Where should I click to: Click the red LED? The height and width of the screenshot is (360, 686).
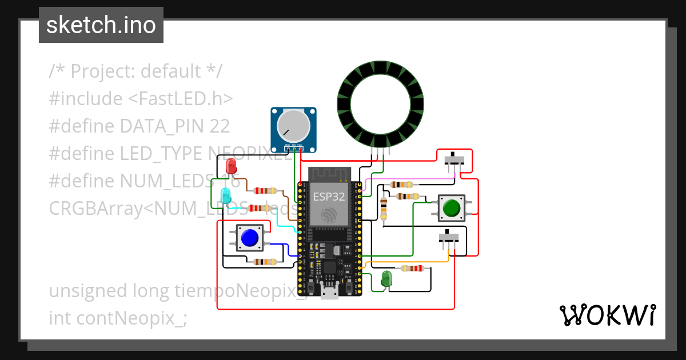point(232,166)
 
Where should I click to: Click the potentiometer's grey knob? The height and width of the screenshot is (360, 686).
point(292,126)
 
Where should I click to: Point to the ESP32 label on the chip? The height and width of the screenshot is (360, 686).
point(329,197)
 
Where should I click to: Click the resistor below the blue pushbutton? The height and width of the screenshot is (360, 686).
point(265,262)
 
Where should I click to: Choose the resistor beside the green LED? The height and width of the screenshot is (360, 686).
point(412,268)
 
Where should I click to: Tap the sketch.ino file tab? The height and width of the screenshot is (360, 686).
point(101,25)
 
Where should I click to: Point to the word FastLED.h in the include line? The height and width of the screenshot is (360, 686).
point(180,99)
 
